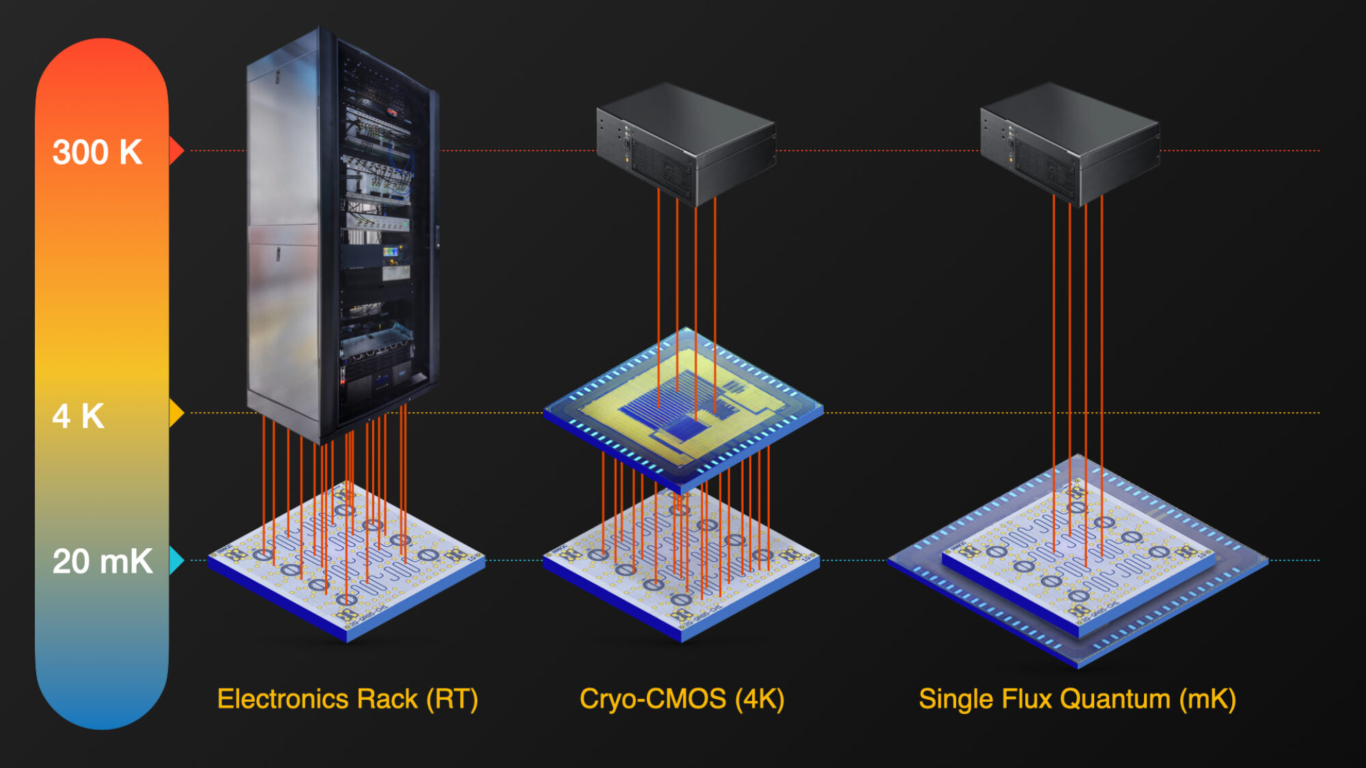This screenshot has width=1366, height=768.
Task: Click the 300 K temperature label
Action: (97, 152)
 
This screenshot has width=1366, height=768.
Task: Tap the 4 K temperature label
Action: (78, 416)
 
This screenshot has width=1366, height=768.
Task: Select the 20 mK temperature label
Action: (102, 561)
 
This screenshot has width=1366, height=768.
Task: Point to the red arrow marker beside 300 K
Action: (176, 150)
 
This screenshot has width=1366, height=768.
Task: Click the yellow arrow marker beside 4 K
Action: (176, 413)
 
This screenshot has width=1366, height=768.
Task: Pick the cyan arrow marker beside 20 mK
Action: (176, 560)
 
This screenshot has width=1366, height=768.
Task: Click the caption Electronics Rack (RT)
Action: (347, 699)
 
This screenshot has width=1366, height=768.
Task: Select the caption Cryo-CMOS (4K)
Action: (682, 699)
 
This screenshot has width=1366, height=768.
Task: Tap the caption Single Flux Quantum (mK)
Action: (1077, 699)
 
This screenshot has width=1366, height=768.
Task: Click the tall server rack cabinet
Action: (341, 232)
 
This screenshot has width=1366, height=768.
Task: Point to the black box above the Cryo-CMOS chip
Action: (686, 143)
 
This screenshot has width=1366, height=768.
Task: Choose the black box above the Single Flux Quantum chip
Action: (1070, 143)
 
